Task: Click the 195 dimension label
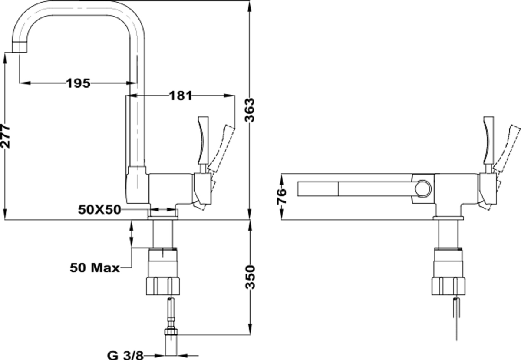(x=79, y=83)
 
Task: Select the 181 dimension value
(x=181, y=96)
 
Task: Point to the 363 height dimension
(x=250, y=110)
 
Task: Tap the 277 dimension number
(x=5, y=136)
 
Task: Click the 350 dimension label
(x=250, y=277)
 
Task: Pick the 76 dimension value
(x=281, y=196)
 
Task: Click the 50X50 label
(x=99, y=210)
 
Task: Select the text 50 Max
(x=95, y=268)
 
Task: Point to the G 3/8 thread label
(x=125, y=355)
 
